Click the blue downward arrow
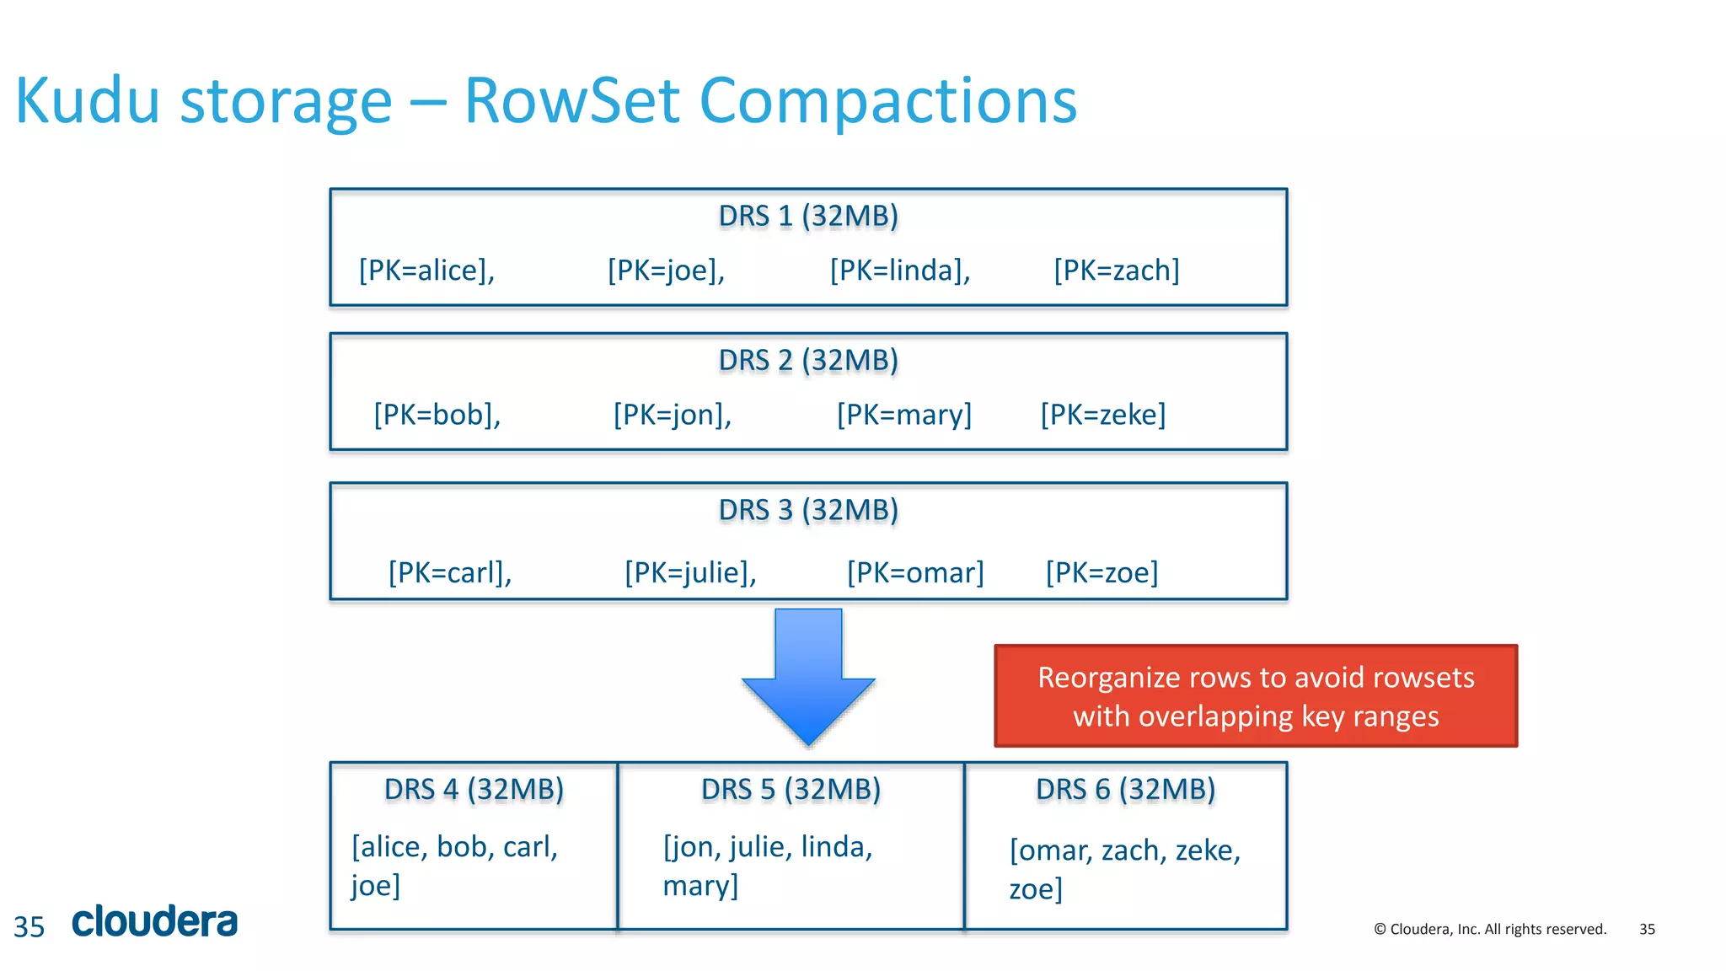point(808,674)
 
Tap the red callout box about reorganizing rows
point(1255,696)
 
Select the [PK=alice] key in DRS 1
point(426,271)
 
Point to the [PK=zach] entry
point(1116,271)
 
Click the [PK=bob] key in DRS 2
point(437,415)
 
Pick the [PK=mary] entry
point(903,415)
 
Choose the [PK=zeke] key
point(1102,415)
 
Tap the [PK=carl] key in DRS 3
point(449,573)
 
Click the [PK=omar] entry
point(915,573)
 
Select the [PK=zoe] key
point(1102,573)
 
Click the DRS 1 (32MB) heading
point(808,216)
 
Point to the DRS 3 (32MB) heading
point(808,510)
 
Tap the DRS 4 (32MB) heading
point(474,790)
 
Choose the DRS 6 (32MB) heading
point(1125,790)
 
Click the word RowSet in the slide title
point(571,101)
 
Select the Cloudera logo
point(155,921)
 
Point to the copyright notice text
point(1489,929)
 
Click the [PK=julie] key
point(690,573)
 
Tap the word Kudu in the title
point(87,101)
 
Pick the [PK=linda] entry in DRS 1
point(900,271)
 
